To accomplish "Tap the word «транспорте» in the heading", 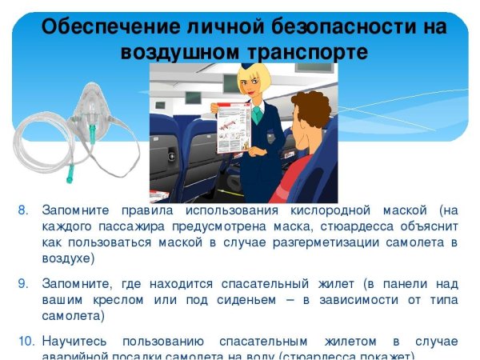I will [x=302, y=53].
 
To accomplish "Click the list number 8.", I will [x=23, y=210].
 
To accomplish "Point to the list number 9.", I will [x=23, y=283].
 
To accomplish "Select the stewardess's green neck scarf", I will [x=256, y=113].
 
